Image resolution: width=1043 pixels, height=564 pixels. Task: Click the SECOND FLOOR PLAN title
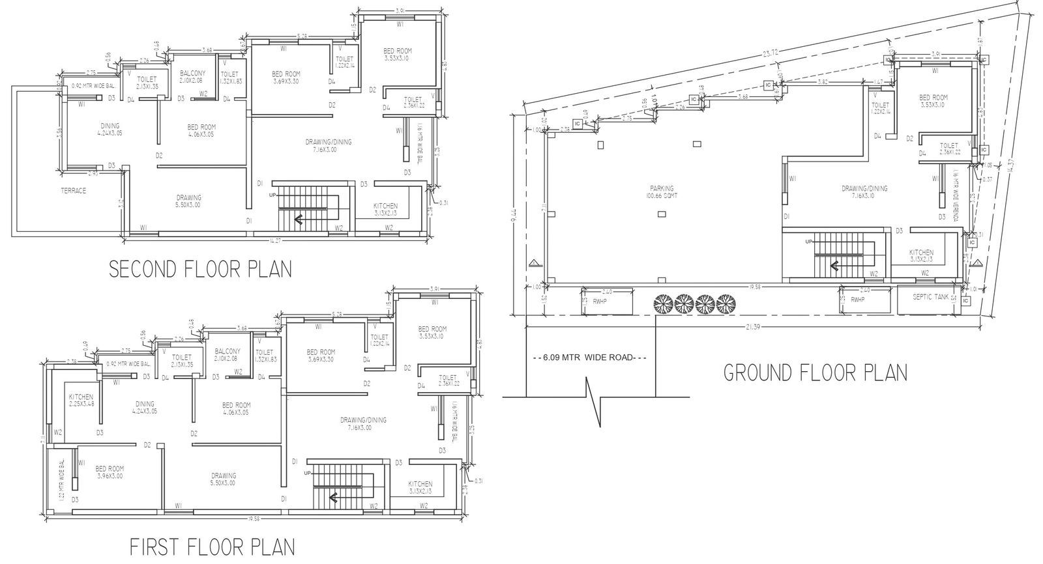coord(200,269)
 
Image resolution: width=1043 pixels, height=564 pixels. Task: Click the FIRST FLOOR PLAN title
coord(212,546)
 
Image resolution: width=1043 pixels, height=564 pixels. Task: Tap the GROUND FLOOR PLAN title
coord(815,373)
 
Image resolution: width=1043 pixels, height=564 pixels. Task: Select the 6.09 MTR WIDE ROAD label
coord(590,358)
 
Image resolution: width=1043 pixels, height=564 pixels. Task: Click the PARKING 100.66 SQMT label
coord(660,191)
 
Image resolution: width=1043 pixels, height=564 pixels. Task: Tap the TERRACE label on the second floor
coord(73,191)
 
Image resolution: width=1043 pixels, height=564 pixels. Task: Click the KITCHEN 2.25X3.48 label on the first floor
coord(81,400)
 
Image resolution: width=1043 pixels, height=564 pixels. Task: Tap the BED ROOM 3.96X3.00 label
coord(110,472)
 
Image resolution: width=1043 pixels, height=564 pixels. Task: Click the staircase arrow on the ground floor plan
coord(832,264)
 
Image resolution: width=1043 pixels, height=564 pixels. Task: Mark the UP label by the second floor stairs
coord(272,195)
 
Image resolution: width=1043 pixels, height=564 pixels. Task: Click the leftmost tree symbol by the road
coord(663,303)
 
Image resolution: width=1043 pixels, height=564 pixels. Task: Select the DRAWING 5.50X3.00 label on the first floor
coord(224,479)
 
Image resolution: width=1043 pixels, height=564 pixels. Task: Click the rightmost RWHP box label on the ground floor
coord(859,300)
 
